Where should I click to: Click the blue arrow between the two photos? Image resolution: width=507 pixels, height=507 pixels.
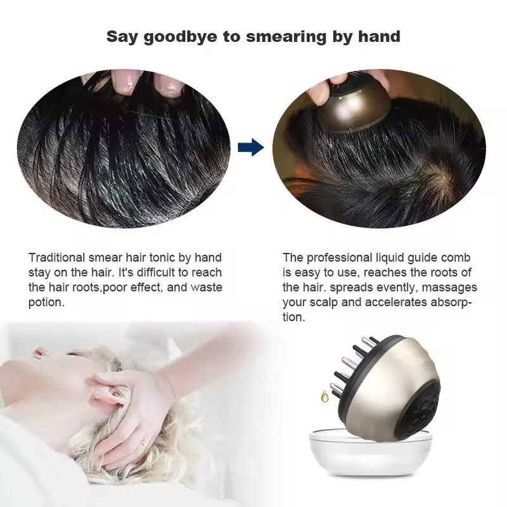tap(253, 148)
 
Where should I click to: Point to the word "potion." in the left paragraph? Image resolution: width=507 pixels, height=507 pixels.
tap(46, 302)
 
